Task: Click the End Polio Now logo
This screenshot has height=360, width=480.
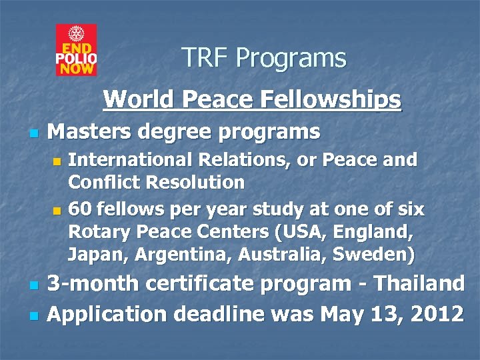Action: point(76,50)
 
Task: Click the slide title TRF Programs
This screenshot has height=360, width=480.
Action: point(264,59)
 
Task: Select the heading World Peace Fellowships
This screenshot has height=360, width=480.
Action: point(252,99)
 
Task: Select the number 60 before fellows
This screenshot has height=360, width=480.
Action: point(79,209)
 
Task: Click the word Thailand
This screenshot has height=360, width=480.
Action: point(419,283)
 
